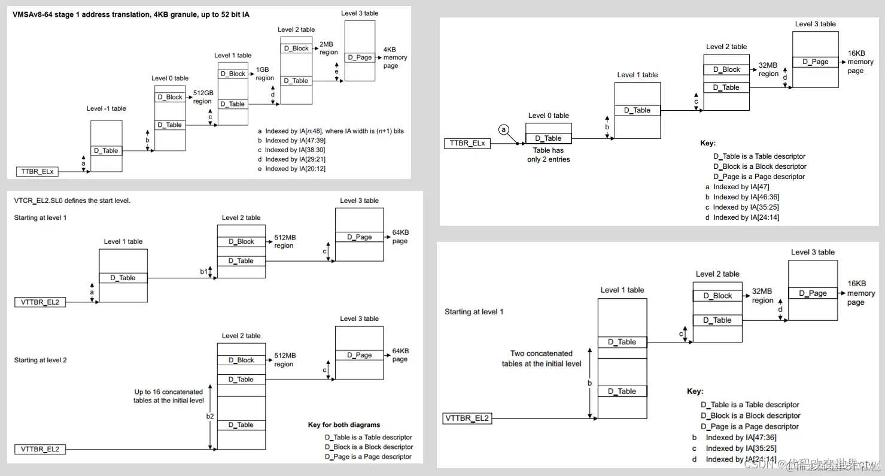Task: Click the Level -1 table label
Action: (x=106, y=108)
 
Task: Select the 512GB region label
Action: (x=202, y=97)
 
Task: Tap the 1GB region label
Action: (x=264, y=74)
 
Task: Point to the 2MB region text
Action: (x=329, y=48)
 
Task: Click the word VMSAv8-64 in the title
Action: (x=32, y=14)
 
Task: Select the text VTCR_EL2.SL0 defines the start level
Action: (x=72, y=201)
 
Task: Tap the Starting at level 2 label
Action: (x=40, y=360)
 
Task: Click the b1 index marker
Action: (x=203, y=271)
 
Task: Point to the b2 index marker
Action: (x=209, y=415)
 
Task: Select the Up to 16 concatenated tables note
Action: (x=169, y=396)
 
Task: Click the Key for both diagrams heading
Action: (x=344, y=425)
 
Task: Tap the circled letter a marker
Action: (x=504, y=129)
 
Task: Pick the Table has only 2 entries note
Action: (x=548, y=155)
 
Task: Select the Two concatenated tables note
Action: (x=541, y=359)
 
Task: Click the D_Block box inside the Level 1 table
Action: (x=233, y=74)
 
